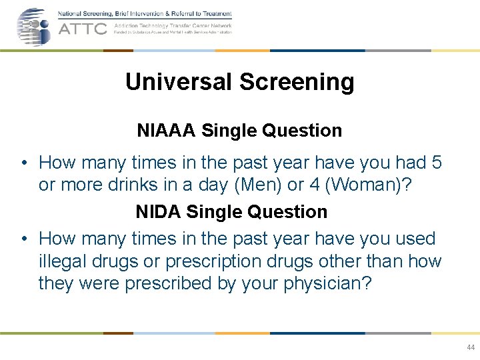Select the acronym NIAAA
[x=166, y=131]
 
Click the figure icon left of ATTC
[x=33, y=27]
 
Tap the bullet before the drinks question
[x=23, y=163]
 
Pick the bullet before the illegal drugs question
[x=23, y=239]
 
